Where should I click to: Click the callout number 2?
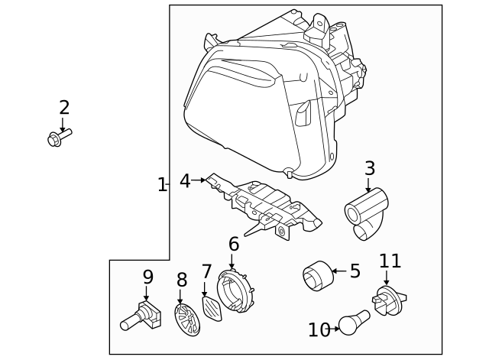(x=64, y=108)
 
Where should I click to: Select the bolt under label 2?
(x=58, y=138)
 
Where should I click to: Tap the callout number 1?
(x=161, y=184)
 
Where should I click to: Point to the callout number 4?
(x=185, y=181)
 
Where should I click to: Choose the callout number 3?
(x=369, y=167)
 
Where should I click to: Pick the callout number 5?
(x=355, y=271)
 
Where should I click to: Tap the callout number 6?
(x=234, y=245)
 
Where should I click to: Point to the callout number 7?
(x=206, y=272)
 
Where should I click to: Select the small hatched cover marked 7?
(x=209, y=310)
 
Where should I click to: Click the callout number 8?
(x=181, y=280)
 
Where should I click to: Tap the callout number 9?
(x=147, y=277)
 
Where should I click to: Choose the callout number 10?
(x=319, y=329)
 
